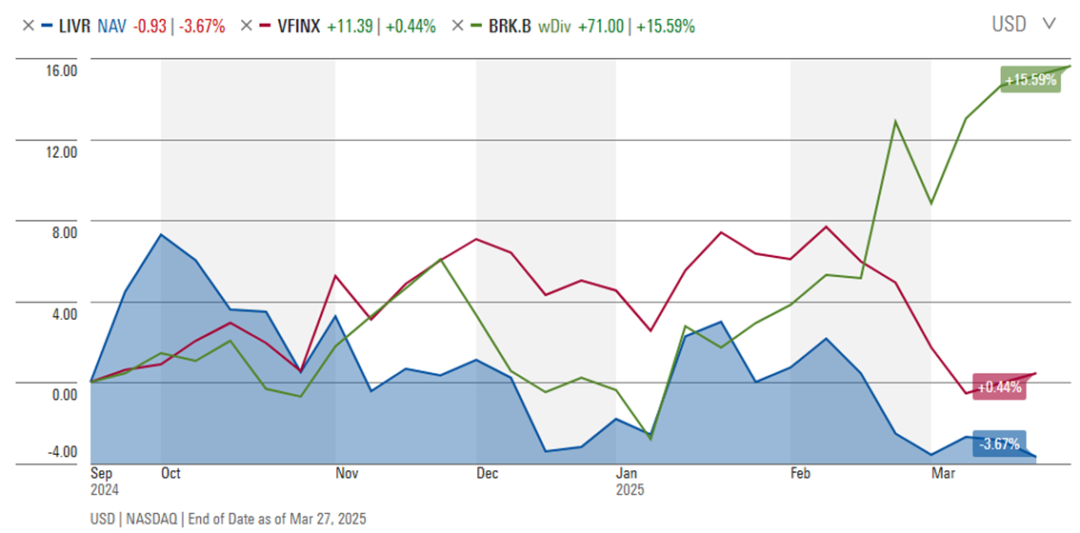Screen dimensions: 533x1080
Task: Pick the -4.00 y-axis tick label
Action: pos(62,451)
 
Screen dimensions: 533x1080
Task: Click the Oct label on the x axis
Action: pos(171,473)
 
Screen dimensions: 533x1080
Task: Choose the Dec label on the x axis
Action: pos(487,473)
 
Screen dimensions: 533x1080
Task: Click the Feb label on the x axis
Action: pos(801,473)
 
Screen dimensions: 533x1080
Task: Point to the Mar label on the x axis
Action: pos(942,473)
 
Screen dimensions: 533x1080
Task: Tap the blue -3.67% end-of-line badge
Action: pos(999,444)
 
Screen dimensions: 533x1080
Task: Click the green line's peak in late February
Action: pos(895,121)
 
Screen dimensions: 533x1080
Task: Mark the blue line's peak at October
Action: pos(161,234)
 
